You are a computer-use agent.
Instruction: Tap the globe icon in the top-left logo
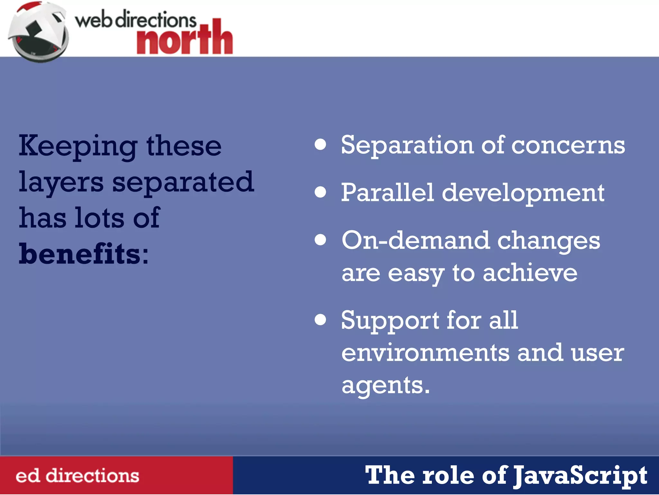coord(38,32)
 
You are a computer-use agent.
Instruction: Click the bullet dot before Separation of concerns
coord(320,145)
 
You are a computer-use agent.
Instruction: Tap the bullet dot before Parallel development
coord(320,192)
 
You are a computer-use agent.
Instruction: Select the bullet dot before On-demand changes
coord(320,240)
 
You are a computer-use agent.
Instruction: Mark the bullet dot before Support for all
coord(320,320)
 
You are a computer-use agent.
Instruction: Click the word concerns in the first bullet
coord(568,145)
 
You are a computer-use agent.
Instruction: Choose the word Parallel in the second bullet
coord(387,193)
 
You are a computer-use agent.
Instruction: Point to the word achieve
coord(530,273)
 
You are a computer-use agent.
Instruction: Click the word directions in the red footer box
coord(92,476)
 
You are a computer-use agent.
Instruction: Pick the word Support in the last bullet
coord(390,321)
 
